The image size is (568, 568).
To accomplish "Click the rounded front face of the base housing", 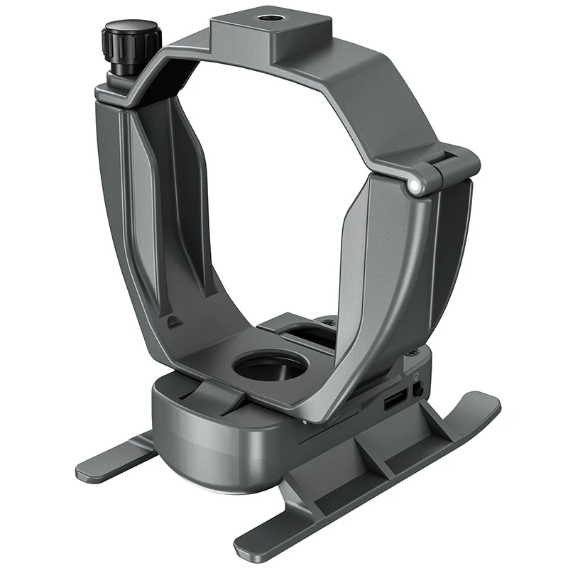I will [206, 454].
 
